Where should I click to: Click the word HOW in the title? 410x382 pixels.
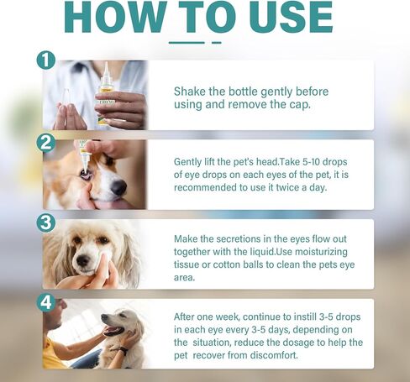(115, 17)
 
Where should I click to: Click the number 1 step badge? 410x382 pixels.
(46, 60)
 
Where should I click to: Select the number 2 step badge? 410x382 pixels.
(46, 144)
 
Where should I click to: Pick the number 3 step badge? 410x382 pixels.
(46, 222)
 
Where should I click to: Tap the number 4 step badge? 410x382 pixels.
(46, 302)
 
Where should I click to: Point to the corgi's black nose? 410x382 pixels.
(118, 187)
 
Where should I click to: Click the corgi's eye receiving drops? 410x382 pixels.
(84, 173)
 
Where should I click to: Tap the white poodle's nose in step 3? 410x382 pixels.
(83, 261)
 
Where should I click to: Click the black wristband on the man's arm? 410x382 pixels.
(124, 350)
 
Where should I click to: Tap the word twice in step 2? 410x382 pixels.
(287, 187)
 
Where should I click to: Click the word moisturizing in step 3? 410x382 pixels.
(321, 252)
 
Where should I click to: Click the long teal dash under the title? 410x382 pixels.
(187, 43)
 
